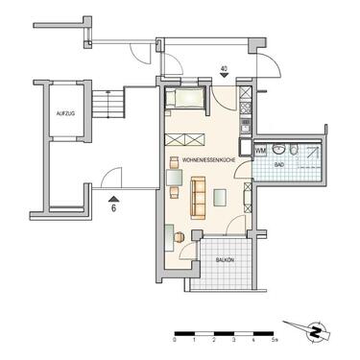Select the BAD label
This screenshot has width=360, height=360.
(279, 166)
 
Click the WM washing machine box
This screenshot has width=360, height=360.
(260, 149)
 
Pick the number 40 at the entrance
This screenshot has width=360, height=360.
(224, 68)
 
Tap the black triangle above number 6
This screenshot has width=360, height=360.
(111, 196)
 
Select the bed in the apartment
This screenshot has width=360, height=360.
(183, 96)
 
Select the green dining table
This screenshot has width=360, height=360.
(174, 176)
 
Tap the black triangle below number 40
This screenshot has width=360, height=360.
(224, 81)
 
